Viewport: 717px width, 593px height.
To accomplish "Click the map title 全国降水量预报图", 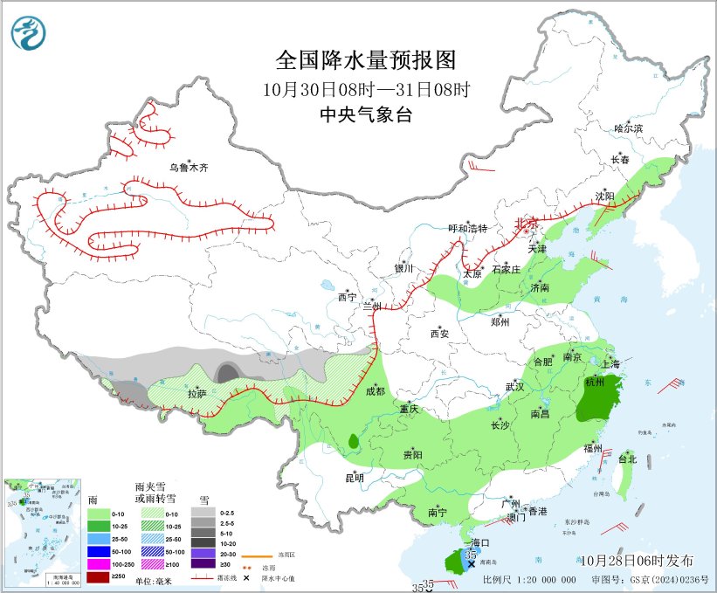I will tap(366, 60).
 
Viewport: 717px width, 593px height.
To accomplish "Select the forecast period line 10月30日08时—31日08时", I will tap(366, 89).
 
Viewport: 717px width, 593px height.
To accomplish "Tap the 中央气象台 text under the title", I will tap(366, 114).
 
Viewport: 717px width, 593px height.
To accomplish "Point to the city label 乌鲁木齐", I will tap(189, 167).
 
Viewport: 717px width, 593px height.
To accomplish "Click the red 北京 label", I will tap(527, 223).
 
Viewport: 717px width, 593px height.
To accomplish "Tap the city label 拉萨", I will tap(196, 394).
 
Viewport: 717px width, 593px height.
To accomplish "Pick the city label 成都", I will tap(374, 391).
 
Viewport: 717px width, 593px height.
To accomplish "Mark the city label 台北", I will tap(627, 459).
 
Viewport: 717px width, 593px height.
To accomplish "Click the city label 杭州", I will tap(596, 383).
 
